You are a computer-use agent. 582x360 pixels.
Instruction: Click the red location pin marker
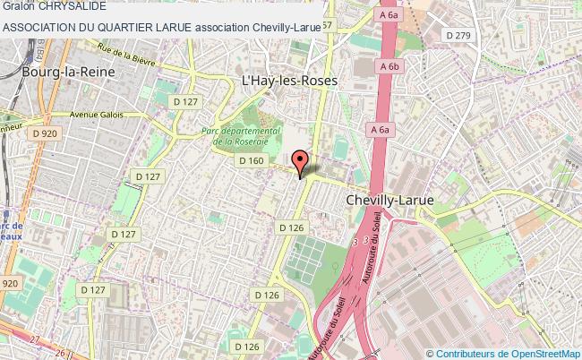(x=302, y=161)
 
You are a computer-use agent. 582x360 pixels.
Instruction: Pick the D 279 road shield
(x=458, y=35)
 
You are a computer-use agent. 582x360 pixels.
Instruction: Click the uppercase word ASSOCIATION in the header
(x=40, y=27)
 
